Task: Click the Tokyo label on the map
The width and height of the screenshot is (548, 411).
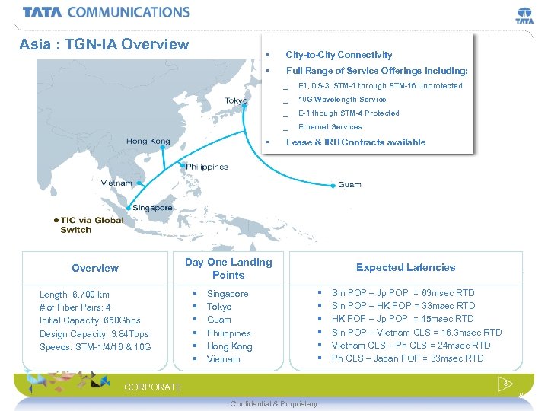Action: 236,101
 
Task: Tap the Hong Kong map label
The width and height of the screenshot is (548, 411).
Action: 148,141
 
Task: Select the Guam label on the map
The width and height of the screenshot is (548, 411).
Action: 349,185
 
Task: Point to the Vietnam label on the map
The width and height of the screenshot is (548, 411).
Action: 117,183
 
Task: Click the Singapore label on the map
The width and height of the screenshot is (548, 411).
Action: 152,208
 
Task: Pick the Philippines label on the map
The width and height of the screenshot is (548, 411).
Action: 206,167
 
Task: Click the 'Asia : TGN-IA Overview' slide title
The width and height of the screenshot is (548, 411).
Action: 104,44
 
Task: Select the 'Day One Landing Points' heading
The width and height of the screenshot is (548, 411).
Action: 228,268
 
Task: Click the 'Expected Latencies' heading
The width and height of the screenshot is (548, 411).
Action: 406,267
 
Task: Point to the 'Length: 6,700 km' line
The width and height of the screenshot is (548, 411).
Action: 75,295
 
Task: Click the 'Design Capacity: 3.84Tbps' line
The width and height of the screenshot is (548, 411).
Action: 94,334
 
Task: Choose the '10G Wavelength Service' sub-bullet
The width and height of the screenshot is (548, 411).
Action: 342,100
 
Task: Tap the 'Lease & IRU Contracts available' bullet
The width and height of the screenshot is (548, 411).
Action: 355,142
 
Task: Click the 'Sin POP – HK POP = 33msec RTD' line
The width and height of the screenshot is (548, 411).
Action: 403,306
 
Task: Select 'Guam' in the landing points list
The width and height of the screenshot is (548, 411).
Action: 219,320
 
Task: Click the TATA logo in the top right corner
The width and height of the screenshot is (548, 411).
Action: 524,16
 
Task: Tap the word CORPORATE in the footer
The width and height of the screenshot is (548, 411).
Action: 153,387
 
